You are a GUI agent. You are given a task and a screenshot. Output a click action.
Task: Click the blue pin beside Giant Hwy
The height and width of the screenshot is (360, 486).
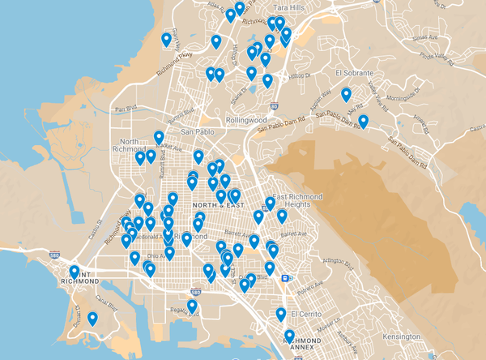pos(167,39)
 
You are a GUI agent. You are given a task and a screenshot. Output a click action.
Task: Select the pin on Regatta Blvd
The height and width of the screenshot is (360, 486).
pos(192,306)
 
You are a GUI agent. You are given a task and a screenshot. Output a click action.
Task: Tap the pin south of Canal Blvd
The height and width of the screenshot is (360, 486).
pos(92,319)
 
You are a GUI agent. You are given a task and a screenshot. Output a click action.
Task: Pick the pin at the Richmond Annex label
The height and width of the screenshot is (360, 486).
pos(289,335)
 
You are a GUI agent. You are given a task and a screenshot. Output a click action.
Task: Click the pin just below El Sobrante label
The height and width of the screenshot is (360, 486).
pos(346,94)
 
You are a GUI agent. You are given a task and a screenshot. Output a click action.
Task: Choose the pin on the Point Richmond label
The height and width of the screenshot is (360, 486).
pos(75,272)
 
